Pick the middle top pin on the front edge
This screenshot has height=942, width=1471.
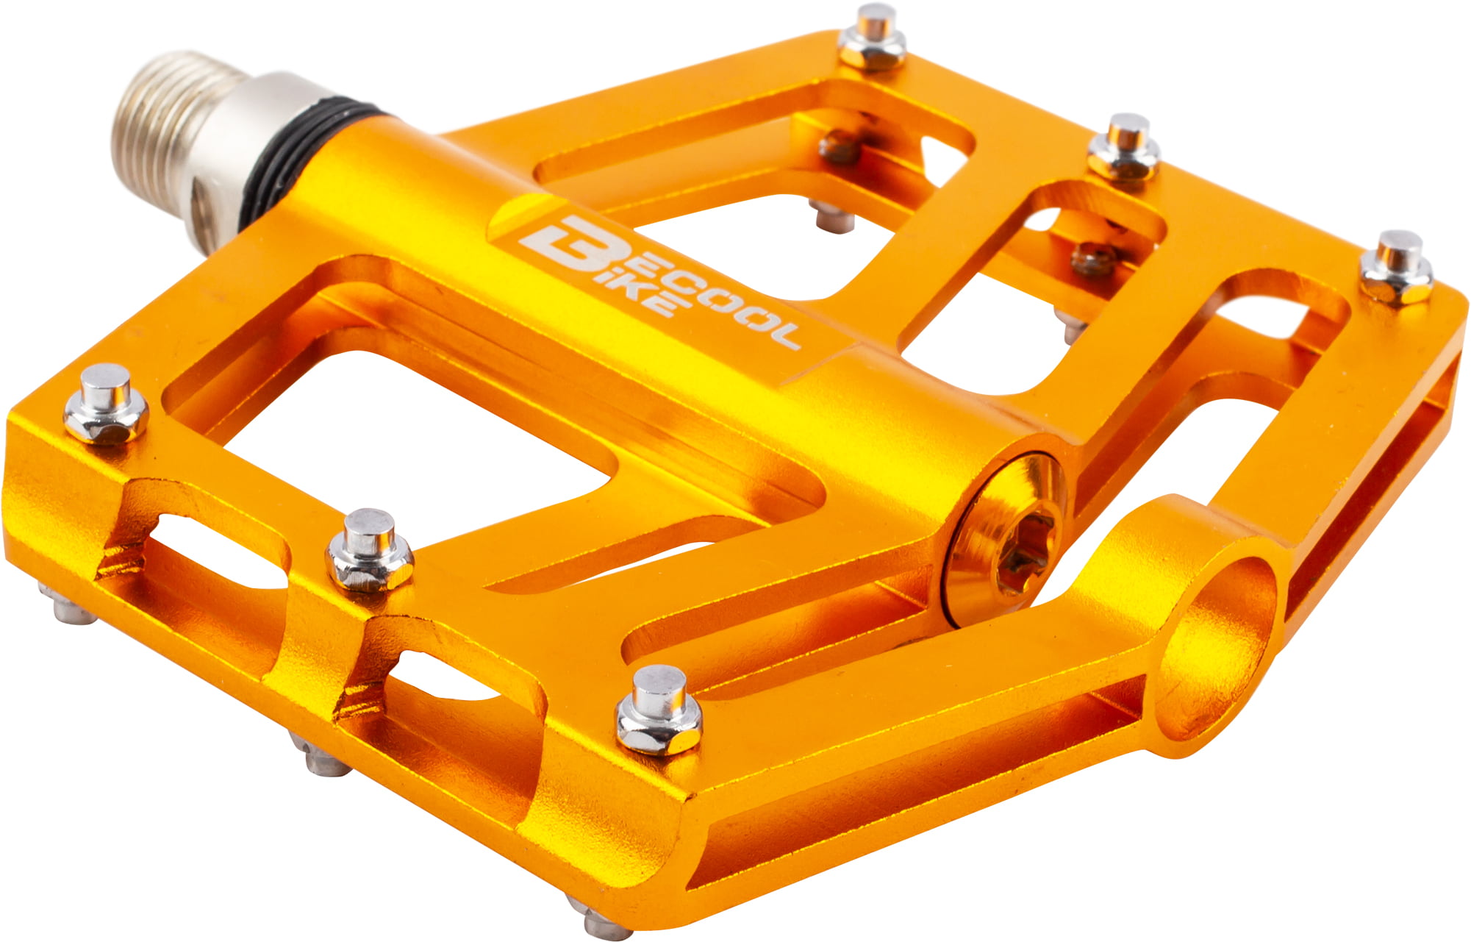(x=370, y=552)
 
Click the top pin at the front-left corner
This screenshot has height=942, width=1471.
(x=107, y=405)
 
